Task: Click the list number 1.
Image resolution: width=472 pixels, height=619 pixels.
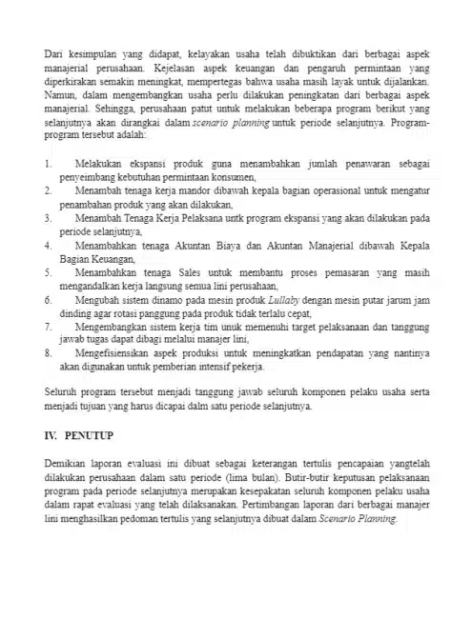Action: point(48,165)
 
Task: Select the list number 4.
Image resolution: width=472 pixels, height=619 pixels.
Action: point(48,245)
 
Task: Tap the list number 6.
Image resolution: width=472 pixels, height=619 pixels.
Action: point(48,299)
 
